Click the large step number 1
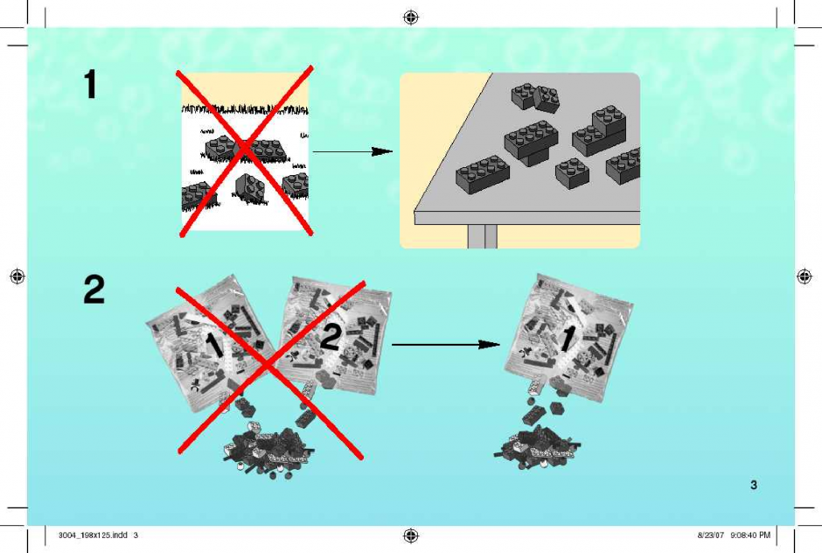click(x=90, y=85)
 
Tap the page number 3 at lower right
click(x=753, y=485)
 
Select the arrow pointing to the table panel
click(x=352, y=151)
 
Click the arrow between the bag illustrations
click(x=446, y=345)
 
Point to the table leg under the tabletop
click(x=483, y=236)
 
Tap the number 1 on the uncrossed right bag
click(x=567, y=339)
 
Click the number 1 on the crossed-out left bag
click(x=212, y=346)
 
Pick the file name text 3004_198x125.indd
click(x=93, y=535)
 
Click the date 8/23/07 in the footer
click(x=711, y=535)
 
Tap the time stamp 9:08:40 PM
click(x=750, y=535)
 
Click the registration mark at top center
click(x=411, y=17)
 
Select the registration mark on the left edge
click(x=17, y=276)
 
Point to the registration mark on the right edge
click(x=805, y=276)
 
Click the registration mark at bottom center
click(x=411, y=535)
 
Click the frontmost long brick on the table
click(x=483, y=174)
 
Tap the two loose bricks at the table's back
click(x=535, y=98)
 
